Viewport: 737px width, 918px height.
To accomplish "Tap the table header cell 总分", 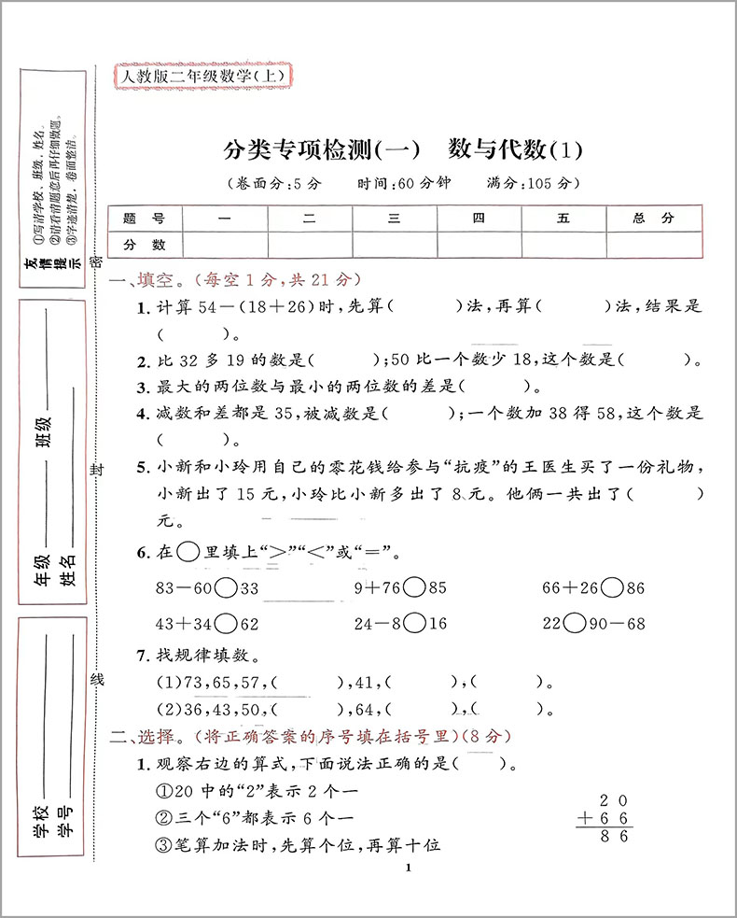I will (653, 219).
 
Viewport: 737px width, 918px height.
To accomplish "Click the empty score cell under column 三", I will (395, 245).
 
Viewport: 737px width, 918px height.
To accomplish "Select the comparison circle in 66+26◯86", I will (613, 588).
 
